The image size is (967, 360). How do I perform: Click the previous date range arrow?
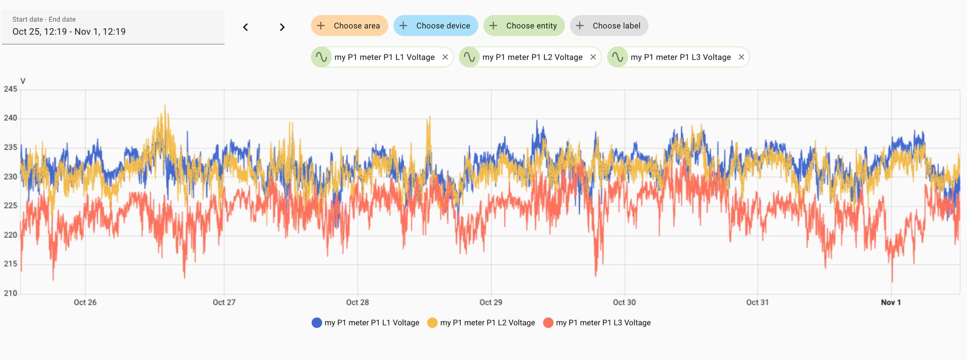[245, 27]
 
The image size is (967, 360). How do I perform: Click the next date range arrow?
[282, 27]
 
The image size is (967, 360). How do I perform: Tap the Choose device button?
[436, 26]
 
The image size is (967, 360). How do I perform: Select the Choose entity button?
[524, 26]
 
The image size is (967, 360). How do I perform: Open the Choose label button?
[609, 26]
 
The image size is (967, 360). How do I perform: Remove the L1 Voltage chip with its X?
[445, 57]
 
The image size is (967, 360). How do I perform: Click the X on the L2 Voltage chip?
[593, 57]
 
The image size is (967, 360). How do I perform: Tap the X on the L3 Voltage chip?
[741, 57]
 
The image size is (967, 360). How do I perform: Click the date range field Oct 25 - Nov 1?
[113, 27]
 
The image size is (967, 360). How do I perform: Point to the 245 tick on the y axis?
[11, 89]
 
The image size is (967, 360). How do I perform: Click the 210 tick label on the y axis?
[11, 293]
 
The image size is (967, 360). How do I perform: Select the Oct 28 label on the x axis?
[357, 302]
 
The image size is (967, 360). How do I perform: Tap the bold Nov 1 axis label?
[890, 302]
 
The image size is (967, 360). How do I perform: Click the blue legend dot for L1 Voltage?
[317, 323]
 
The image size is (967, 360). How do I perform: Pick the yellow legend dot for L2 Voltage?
[432, 323]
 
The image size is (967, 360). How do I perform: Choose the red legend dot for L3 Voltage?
[548, 323]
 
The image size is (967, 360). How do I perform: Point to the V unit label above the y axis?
[23, 81]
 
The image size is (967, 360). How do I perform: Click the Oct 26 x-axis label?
[85, 302]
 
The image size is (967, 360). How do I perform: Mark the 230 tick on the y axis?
[11, 176]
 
